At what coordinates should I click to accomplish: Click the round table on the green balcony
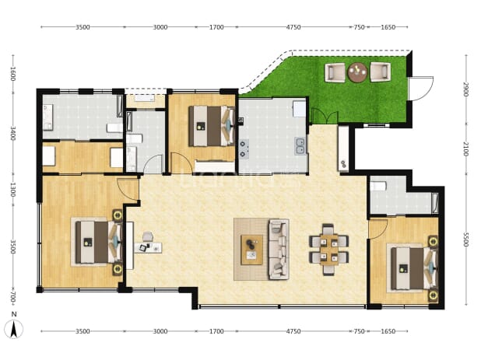(357, 72)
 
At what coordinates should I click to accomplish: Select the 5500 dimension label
(465, 239)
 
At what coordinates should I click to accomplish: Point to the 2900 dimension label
(465, 89)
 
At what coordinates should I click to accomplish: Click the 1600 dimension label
(13, 74)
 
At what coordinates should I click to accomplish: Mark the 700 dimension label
(13, 297)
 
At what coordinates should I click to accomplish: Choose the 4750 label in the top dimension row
(293, 27)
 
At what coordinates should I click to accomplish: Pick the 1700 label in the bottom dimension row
(216, 331)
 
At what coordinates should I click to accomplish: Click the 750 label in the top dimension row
(359, 27)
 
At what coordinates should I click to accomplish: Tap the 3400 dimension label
(13, 133)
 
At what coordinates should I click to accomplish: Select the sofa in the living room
(279, 249)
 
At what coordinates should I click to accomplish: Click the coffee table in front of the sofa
(252, 250)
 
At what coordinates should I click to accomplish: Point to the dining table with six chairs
(329, 250)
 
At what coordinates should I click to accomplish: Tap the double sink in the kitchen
(300, 146)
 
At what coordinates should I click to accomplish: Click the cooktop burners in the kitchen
(244, 149)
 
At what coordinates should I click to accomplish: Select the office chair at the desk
(148, 236)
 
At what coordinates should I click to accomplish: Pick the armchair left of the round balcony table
(335, 72)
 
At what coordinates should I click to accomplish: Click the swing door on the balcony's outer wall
(422, 88)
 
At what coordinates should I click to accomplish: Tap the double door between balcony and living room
(325, 116)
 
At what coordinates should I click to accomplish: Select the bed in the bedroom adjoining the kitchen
(212, 126)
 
